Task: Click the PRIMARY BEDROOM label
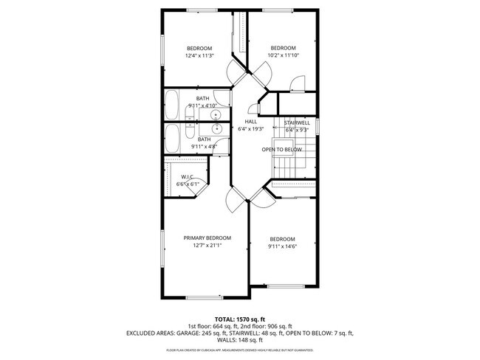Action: [207, 238]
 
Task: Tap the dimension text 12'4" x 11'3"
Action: [199, 55]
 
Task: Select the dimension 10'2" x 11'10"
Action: [283, 55]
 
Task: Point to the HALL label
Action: [251, 122]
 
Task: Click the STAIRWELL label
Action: [298, 122]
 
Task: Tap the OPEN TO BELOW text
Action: [282, 150]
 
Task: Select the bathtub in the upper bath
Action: [171, 105]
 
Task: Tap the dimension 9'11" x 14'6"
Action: [282, 246]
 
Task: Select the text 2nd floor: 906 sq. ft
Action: [265, 326]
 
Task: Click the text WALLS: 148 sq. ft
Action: [240, 341]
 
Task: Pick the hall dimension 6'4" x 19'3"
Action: [251, 129]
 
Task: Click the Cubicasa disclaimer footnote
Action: [240, 350]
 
